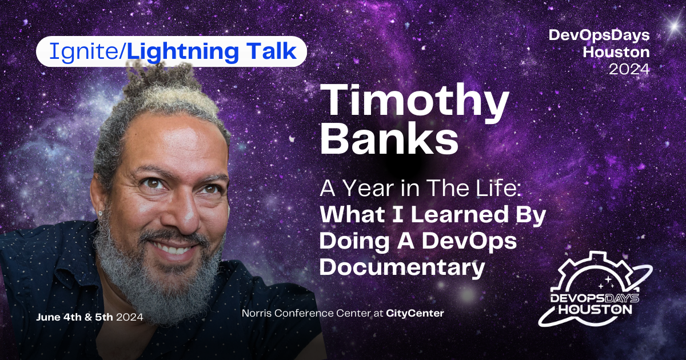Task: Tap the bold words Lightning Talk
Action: pyautogui.click(x=211, y=52)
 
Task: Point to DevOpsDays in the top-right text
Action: pyautogui.click(x=599, y=35)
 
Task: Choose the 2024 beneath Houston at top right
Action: pyautogui.click(x=628, y=69)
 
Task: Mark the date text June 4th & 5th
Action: pyautogui.click(x=75, y=316)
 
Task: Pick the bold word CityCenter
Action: pyautogui.click(x=415, y=313)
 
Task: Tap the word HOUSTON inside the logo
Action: pyautogui.click(x=595, y=309)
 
